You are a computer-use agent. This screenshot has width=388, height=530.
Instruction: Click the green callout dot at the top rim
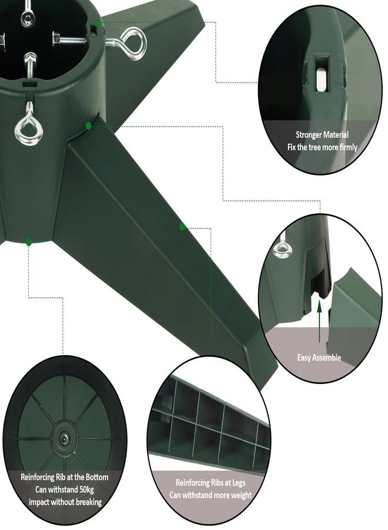point(97,24)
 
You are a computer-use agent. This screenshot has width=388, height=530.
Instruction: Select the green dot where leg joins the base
point(89,126)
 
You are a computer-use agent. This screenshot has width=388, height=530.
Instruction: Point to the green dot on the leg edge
point(182,227)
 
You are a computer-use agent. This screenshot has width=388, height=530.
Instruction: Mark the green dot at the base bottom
point(29,242)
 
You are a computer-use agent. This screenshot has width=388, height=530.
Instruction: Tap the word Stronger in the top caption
point(309,135)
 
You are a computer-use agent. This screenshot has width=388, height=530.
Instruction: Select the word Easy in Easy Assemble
point(305,357)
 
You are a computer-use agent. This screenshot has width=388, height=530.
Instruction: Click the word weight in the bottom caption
point(241,495)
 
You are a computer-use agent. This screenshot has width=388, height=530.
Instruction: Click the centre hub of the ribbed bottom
point(63,439)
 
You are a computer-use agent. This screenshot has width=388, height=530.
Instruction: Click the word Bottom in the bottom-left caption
point(97,477)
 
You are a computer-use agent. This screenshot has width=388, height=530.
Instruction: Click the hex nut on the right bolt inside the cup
point(57,37)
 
